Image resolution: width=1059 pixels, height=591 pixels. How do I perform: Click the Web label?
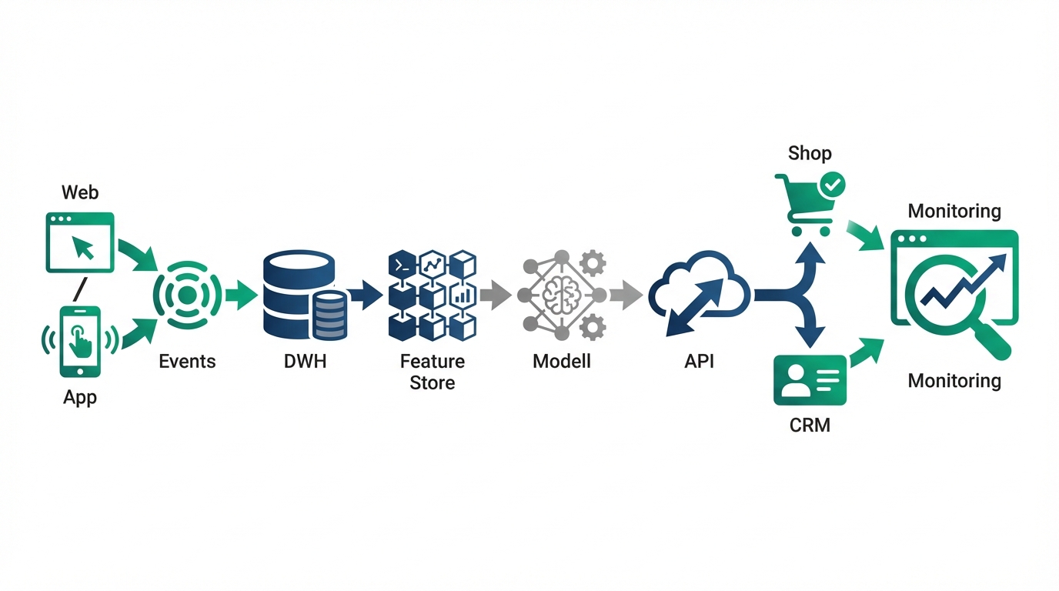[80, 192]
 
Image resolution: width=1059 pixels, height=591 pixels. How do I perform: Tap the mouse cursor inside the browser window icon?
[83, 247]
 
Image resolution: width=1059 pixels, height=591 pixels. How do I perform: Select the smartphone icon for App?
[80, 341]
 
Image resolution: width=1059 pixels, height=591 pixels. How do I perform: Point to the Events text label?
[187, 362]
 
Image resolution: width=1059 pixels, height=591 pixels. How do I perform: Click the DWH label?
[305, 362]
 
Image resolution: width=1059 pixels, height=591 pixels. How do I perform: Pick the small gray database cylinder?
[329, 316]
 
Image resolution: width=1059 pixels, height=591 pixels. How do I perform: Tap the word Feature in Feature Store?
[432, 362]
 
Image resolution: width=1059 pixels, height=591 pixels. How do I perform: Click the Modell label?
[561, 362]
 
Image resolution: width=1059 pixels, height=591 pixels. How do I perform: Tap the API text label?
[699, 362]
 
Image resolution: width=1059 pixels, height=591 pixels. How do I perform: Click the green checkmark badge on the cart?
[832, 184]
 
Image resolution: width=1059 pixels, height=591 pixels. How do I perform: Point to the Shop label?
[810, 153]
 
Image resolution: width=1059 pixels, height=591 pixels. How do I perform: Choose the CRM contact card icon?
[810, 380]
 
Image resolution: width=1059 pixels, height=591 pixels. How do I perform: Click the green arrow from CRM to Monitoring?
[865, 352]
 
